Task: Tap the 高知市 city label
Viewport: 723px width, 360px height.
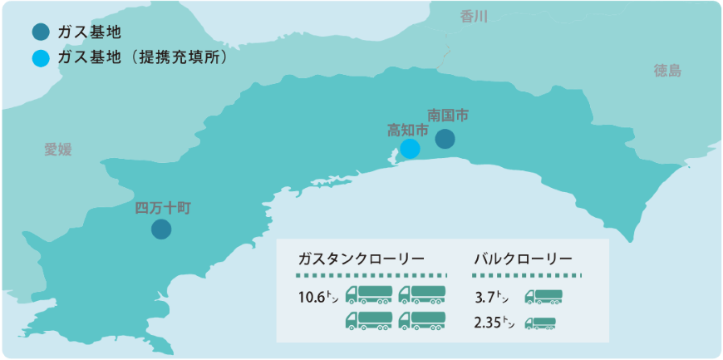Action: click(x=408, y=131)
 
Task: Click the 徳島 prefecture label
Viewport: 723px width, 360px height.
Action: click(x=667, y=71)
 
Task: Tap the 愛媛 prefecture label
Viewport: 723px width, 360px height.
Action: click(x=58, y=150)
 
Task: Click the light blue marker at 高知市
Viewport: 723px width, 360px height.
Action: click(x=410, y=149)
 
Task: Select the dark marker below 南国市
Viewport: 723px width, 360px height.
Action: click(x=445, y=139)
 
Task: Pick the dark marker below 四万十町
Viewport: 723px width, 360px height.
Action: click(x=161, y=229)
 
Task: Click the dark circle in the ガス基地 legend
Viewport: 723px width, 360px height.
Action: click(x=39, y=33)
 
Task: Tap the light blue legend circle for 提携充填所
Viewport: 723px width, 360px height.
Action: click(x=39, y=59)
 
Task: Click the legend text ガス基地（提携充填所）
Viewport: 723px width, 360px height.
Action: click(x=142, y=59)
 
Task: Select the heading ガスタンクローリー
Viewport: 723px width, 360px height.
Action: click(x=361, y=257)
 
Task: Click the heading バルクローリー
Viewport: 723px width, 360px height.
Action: click(x=523, y=257)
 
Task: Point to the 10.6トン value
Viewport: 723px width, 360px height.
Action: click(x=317, y=296)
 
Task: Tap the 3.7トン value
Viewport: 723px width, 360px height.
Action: click(x=490, y=296)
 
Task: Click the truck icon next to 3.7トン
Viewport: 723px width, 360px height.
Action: click(x=543, y=295)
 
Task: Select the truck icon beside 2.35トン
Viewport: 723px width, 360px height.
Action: click(x=540, y=323)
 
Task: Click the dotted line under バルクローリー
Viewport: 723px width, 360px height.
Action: click(x=528, y=274)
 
